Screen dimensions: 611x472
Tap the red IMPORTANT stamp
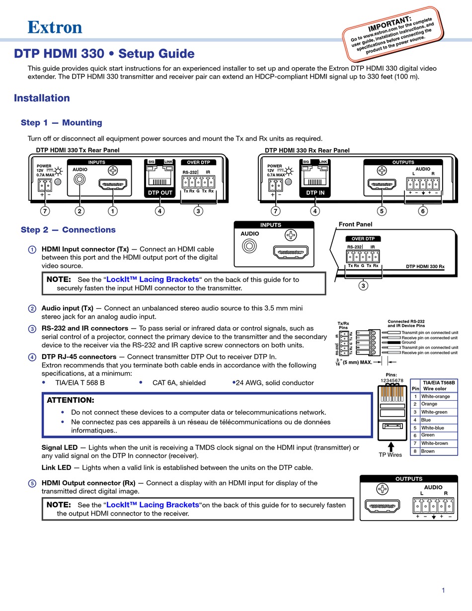click(393, 34)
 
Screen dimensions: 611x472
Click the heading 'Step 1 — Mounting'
click(61, 123)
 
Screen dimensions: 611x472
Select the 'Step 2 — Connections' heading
click(68, 230)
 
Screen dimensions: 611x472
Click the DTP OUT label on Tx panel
click(160, 192)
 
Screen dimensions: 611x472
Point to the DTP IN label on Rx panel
click(315, 192)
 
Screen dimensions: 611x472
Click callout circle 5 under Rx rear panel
click(382, 211)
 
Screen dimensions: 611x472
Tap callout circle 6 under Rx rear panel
click(423, 211)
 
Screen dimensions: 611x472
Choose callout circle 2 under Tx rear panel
click(79, 211)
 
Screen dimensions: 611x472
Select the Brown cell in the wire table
click(428, 451)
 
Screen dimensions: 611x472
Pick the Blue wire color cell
click(426, 420)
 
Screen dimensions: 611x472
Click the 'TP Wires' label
click(390, 454)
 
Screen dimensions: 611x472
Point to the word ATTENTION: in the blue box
click(70, 400)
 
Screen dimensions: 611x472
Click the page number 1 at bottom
click(443, 590)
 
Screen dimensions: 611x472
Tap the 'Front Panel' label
click(355, 224)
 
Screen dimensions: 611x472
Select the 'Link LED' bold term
click(56, 467)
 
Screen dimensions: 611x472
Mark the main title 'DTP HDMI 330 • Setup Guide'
click(104, 54)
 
